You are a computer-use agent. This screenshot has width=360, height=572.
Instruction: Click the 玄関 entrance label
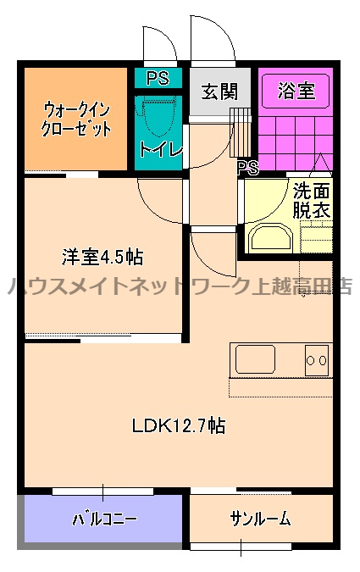point(219,92)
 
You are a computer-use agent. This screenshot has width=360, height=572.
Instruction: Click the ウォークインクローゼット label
point(77,119)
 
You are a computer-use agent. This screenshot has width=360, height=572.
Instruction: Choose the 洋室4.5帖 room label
point(102,255)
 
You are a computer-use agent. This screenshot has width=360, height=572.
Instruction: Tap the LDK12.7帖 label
point(178,425)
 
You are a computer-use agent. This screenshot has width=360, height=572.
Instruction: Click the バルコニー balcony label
point(103,518)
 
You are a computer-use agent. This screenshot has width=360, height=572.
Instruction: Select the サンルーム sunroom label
point(260,518)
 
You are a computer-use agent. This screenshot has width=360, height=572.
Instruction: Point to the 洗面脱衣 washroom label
point(312,200)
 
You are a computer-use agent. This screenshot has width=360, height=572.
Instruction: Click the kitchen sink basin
point(254,358)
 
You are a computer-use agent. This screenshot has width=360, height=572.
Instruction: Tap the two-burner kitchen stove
point(316,359)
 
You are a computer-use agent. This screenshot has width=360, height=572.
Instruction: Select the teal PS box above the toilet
point(158,79)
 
